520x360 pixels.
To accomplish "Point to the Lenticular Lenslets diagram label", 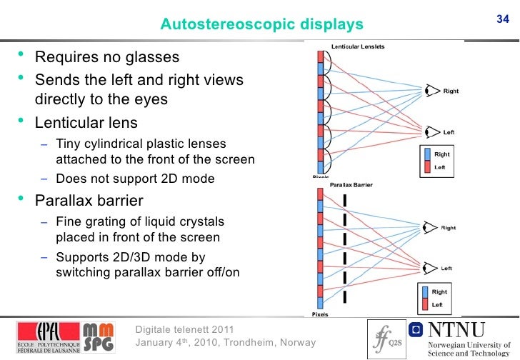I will pyautogui.click(x=358, y=47).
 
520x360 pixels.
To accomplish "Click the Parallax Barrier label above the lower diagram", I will pyautogui.click(x=351, y=185).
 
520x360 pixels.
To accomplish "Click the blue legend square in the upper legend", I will pyautogui.click(x=427, y=154).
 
